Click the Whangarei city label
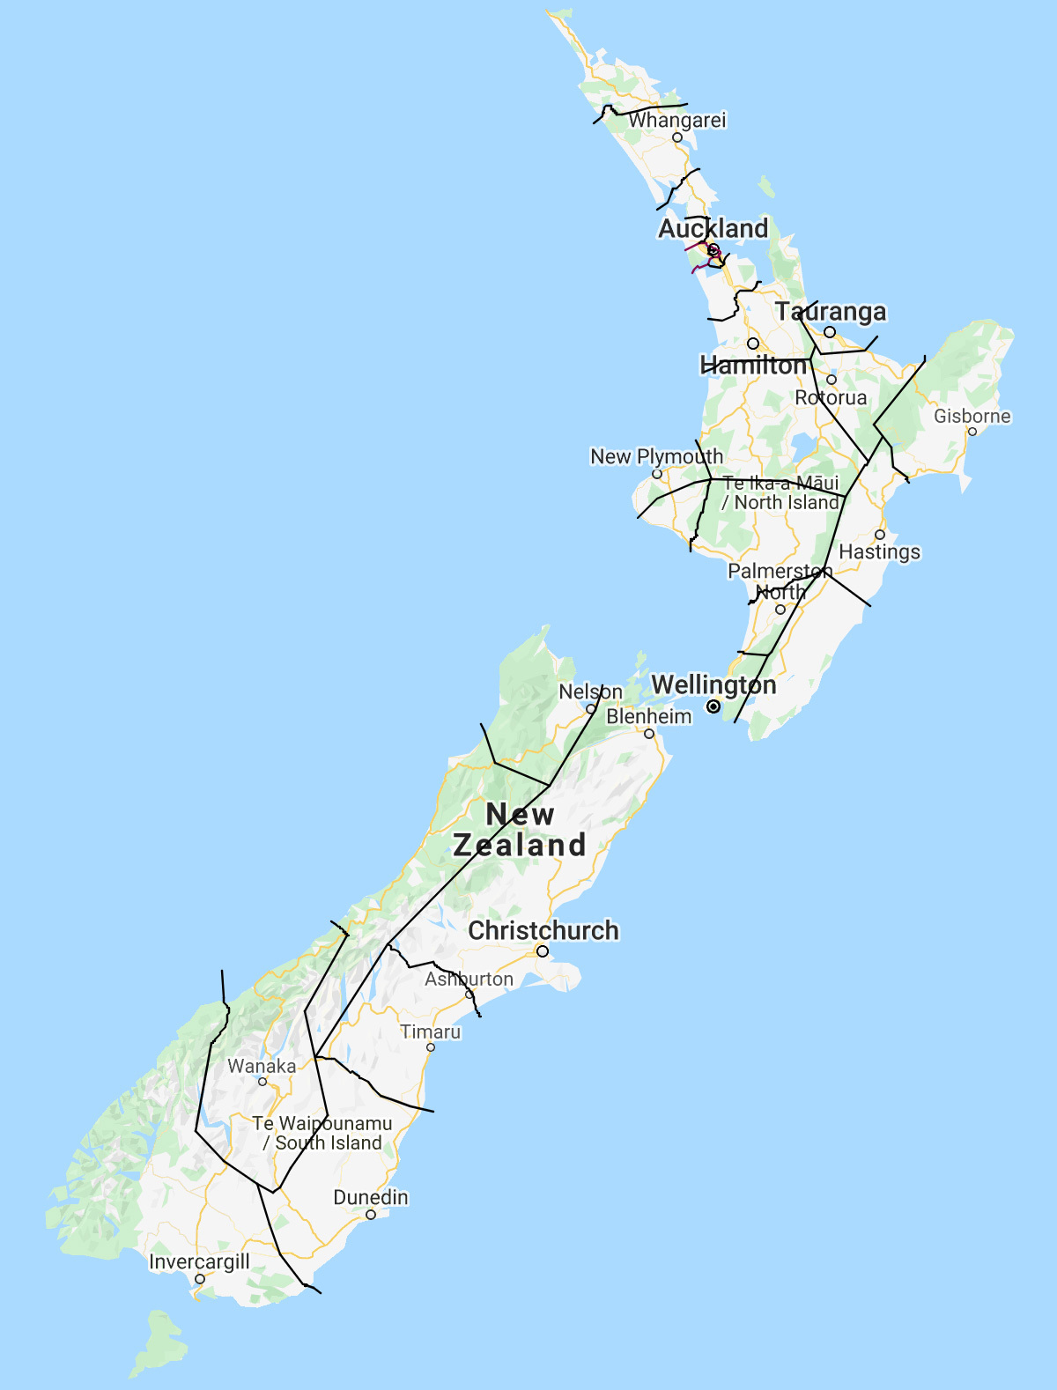click(x=677, y=120)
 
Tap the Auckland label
click(x=713, y=228)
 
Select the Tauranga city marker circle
click(x=830, y=332)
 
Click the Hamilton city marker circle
click(x=753, y=344)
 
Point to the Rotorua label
click(x=831, y=397)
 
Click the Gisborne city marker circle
click(x=972, y=432)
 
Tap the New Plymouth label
click(x=656, y=456)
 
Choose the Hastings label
click(x=879, y=551)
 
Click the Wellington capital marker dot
click(x=713, y=706)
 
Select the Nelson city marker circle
click(x=591, y=709)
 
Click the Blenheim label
click(x=649, y=716)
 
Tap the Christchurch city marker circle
click(x=543, y=951)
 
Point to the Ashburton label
click(x=469, y=979)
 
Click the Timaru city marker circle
click(x=431, y=1047)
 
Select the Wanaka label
click(x=262, y=1066)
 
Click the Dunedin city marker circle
click(x=371, y=1215)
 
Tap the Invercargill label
click(x=199, y=1261)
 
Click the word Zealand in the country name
click(x=520, y=845)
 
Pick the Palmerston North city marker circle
click(x=780, y=610)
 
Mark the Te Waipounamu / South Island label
click(x=322, y=1133)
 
